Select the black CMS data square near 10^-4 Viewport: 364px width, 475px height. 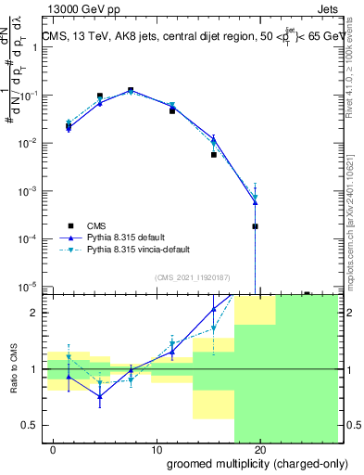click(x=255, y=226)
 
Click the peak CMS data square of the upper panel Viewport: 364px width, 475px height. click(x=131, y=90)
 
